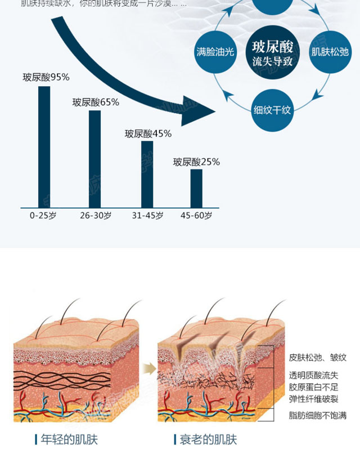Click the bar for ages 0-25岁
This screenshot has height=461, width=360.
click(x=44, y=146)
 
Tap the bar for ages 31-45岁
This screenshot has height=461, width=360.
click(x=147, y=174)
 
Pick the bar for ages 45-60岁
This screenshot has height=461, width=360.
click(x=196, y=188)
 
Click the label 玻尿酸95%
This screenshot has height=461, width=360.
click(x=46, y=78)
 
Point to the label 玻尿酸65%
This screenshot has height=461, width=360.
click(x=96, y=102)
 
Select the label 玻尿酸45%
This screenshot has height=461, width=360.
click(x=148, y=133)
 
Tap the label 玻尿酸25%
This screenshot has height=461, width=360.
click(x=196, y=162)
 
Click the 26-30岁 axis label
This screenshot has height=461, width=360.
click(x=95, y=216)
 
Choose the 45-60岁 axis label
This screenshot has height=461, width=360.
click(x=196, y=216)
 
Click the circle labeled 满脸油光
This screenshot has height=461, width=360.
click(x=215, y=52)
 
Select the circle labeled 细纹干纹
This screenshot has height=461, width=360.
click(x=272, y=109)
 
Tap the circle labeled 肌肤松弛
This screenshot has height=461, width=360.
click(x=331, y=52)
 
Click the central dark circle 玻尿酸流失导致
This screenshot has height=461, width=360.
click(x=273, y=52)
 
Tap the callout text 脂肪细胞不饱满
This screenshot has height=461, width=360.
click(x=317, y=415)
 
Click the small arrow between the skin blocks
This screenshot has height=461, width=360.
click(x=149, y=369)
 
